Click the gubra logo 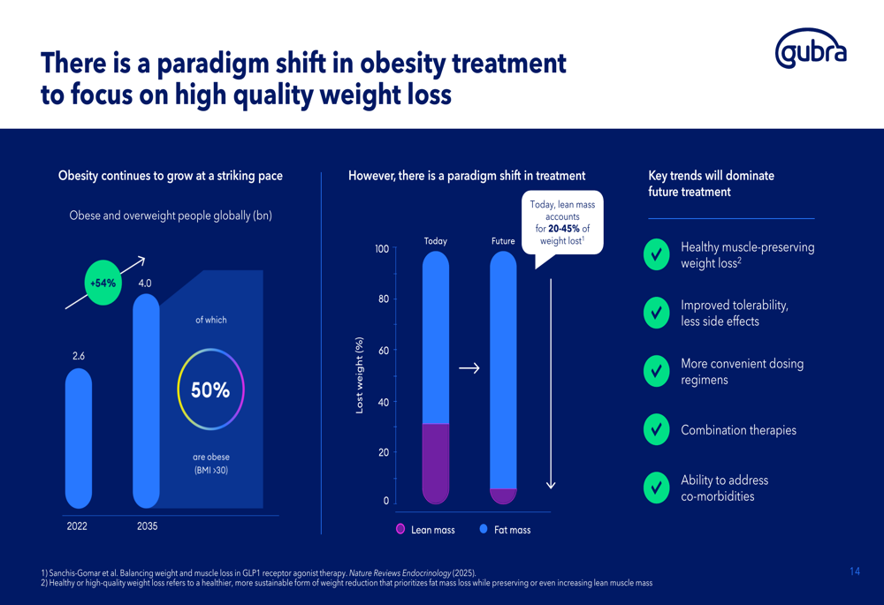(811, 49)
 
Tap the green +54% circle (103, 283)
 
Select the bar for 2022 (79, 438)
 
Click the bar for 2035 (146, 401)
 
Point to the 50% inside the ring (210, 389)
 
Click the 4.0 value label (145, 284)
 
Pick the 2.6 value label (79, 356)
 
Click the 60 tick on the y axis (384, 351)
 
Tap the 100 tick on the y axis (382, 249)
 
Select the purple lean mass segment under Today (436, 463)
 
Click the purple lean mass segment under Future (504, 495)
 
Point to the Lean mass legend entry (426, 530)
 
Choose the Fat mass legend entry (505, 530)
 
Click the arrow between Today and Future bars (469, 368)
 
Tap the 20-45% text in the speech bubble (564, 229)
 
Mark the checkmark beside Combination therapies (656, 429)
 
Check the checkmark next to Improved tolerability (656, 313)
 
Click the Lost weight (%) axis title (359, 375)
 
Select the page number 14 (855, 571)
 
